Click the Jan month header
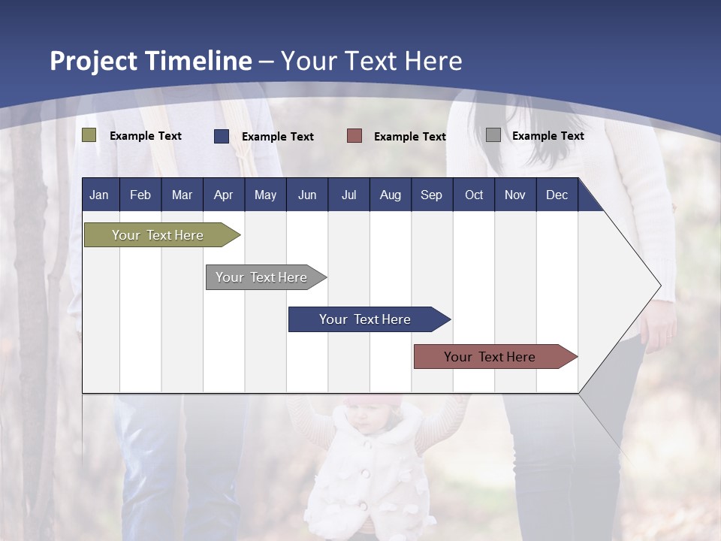pos(99,195)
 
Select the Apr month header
pos(223,195)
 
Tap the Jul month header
pos(348,195)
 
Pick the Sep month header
pos(431,195)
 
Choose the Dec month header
pos(557,195)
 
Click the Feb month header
pos(140,195)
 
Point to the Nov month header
pos(515,195)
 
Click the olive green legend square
pos(89,135)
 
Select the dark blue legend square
pos(222,136)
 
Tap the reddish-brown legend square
pos(354,136)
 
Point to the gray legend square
pos(493,135)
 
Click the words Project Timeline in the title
pos(150,61)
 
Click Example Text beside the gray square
pos(548,136)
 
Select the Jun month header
pos(307,195)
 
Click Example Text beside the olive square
pos(146,136)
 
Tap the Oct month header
pos(474,195)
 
